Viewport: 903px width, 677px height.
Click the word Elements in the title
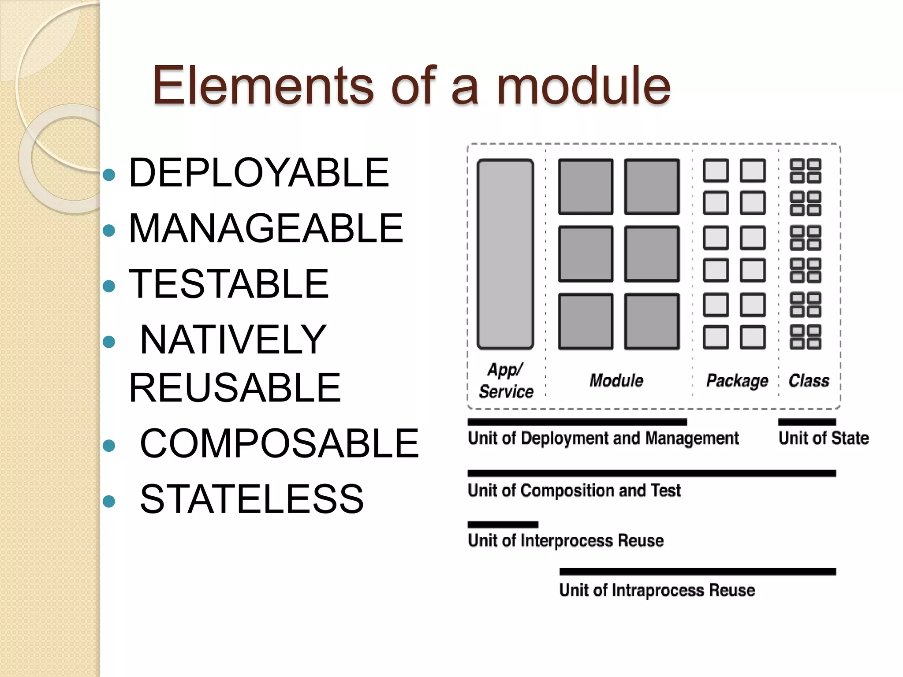tap(263, 86)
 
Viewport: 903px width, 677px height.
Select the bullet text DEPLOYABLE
tap(259, 173)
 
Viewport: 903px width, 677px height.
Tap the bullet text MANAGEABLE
tap(266, 228)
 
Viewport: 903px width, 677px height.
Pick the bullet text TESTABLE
tap(229, 284)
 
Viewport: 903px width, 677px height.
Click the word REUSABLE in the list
tap(235, 388)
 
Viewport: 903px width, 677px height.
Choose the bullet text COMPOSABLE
tap(279, 443)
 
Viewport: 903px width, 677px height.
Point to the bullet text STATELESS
tap(252, 499)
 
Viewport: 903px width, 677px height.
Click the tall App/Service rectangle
tap(505, 254)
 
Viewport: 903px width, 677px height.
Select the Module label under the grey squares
tap(616, 380)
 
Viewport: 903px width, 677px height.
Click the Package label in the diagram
tap(737, 380)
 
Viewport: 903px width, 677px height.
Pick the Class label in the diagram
tap(809, 380)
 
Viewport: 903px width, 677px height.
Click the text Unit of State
tap(823, 438)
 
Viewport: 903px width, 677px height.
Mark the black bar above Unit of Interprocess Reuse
tap(503, 524)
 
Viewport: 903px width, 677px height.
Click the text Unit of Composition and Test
tap(574, 491)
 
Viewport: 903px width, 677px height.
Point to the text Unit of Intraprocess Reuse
tap(657, 590)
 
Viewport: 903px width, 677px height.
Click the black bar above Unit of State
tap(807, 422)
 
